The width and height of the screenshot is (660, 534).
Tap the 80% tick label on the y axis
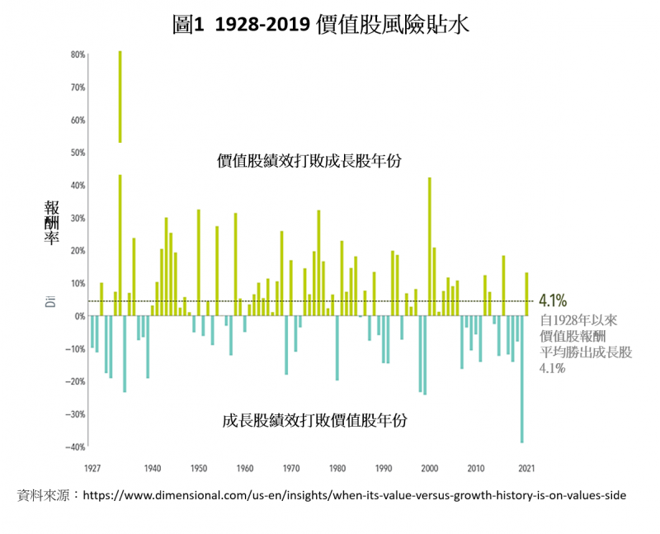(x=78, y=54)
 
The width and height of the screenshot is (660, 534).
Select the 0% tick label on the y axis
(x=80, y=316)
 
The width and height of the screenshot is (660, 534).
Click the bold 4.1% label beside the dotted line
(x=553, y=301)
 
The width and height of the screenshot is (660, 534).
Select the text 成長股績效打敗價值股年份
(x=315, y=420)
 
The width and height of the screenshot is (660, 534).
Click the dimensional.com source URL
(x=354, y=495)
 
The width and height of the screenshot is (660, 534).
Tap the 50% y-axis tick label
(x=78, y=153)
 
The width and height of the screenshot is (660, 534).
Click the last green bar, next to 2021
(x=526, y=294)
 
